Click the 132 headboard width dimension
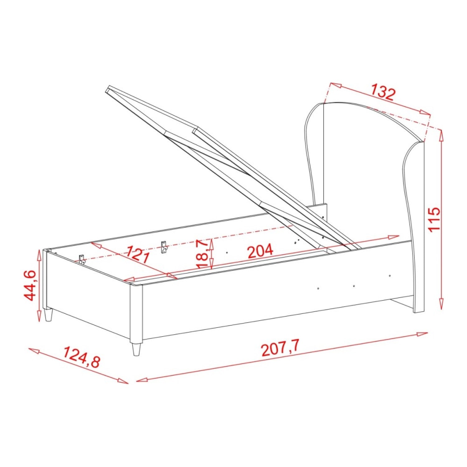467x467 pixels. (x=383, y=93)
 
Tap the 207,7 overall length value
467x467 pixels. (x=280, y=348)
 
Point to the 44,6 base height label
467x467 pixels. (x=30, y=285)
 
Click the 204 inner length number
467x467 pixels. (x=260, y=251)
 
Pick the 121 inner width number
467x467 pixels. (x=137, y=254)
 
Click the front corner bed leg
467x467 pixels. (x=136, y=349)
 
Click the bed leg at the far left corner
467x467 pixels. (x=48, y=315)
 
